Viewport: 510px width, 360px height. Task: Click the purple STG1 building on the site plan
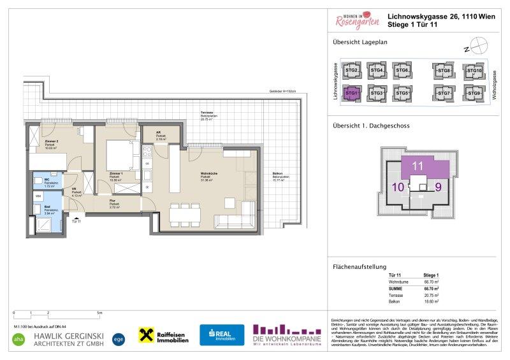[x=351, y=93]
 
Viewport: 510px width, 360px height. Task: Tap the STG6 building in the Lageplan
[x=400, y=70]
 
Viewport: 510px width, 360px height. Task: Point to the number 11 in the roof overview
[x=418, y=166]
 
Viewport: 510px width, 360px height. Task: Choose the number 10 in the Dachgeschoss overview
[x=397, y=188]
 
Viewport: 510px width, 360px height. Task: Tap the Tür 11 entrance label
[x=76, y=221]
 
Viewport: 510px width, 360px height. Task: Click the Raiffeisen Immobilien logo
[x=164, y=336]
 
